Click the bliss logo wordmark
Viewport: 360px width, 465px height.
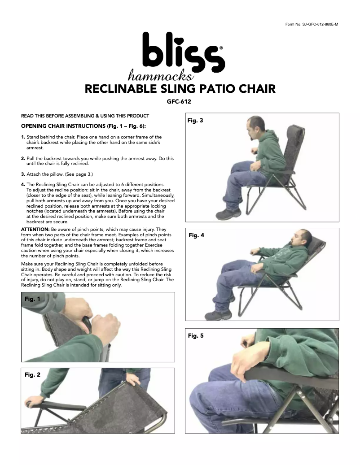[x=184, y=53]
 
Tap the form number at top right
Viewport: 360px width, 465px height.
[x=312, y=24]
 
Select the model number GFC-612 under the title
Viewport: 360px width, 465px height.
[x=179, y=102]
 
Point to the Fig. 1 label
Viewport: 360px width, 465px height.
[x=32, y=299]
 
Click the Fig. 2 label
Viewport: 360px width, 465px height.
[x=32, y=375]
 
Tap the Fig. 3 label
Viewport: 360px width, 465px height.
[x=195, y=121]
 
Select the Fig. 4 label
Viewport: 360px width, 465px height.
[x=197, y=235]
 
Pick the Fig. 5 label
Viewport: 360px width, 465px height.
[x=196, y=336]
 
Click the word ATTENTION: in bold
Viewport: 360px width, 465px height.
[x=35, y=229]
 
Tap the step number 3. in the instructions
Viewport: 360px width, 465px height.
[x=23, y=174]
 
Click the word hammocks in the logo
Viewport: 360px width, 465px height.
[x=161, y=75]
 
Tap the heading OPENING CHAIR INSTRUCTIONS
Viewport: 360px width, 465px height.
[x=63, y=126]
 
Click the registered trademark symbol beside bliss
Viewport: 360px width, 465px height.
[x=221, y=48]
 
